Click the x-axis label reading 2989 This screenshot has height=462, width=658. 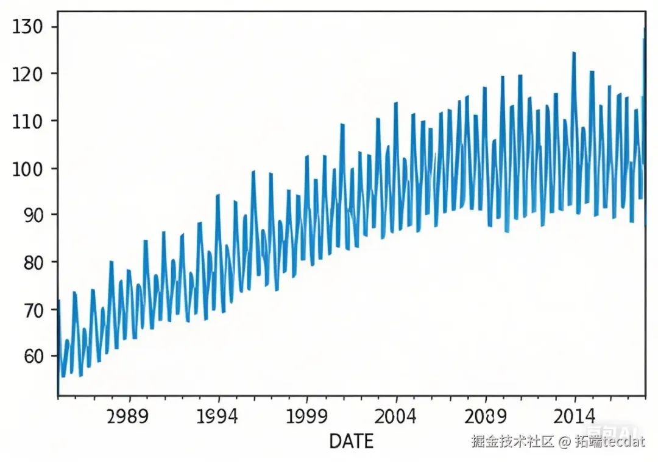tap(127, 417)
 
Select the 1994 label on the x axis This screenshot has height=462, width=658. tap(218, 417)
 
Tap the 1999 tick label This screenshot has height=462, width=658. tap(307, 417)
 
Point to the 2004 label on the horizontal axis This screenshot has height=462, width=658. tap(397, 417)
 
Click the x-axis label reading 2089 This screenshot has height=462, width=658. tap(486, 417)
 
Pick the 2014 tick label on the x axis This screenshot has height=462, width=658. tap(575, 417)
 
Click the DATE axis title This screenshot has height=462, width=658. tap(351, 441)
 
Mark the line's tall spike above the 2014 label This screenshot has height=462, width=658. tap(574, 53)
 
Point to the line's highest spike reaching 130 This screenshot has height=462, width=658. tap(644, 29)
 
